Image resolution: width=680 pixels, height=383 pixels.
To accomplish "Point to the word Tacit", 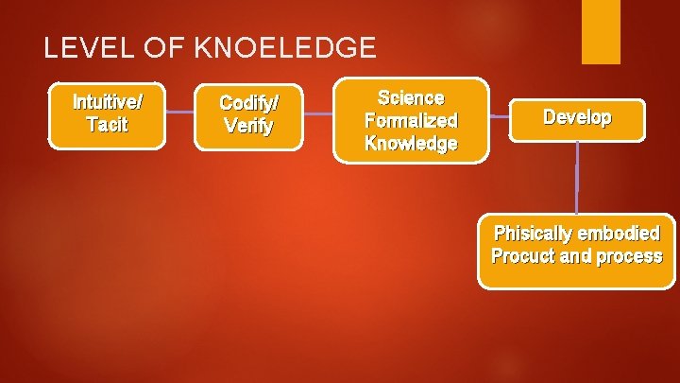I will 107,126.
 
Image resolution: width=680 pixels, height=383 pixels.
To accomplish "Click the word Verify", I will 248,126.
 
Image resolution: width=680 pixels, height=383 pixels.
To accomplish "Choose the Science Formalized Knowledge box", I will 411,120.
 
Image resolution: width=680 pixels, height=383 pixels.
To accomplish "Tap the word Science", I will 411,98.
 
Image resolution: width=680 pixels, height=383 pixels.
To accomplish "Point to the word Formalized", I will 411,121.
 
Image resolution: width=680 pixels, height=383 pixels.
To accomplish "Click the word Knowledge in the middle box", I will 411,144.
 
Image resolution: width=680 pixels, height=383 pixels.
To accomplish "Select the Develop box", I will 576,117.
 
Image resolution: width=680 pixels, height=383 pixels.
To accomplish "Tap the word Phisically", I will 532,234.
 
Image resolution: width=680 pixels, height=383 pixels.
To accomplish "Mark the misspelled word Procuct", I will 520,256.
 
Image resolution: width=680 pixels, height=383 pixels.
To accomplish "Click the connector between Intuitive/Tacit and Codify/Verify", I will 179,113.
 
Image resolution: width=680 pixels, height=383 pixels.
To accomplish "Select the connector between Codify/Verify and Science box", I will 318,114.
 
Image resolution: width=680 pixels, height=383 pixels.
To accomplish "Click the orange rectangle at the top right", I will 601,31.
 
